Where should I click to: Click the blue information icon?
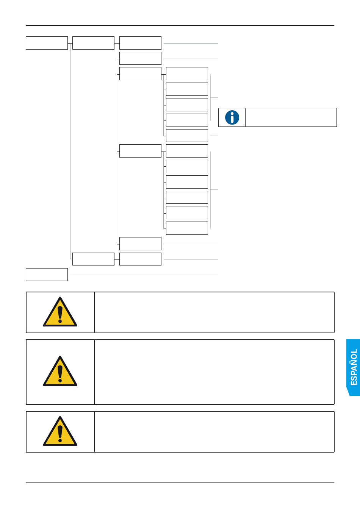coord(232,117)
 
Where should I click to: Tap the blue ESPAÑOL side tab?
coord(354,367)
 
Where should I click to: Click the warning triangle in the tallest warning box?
coord(60,372)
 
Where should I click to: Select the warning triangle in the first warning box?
coord(60,312)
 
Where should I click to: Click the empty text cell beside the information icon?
coord(291,117)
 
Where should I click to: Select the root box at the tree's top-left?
coord(47,43)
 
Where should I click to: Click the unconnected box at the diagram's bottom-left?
coord(47,275)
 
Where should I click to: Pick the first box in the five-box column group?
coord(187,73)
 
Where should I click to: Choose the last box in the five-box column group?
coord(187,135)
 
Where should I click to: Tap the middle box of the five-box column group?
coord(187,105)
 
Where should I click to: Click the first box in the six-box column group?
coord(187,151)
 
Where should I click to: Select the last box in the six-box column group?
coord(187,228)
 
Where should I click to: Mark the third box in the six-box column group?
coord(187,182)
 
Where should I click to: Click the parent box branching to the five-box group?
coord(140,73)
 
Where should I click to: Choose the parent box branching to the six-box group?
coord(140,151)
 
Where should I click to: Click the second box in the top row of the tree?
coord(93,43)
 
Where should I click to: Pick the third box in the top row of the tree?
coord(140,43)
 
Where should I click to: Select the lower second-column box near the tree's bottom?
coord(93,259)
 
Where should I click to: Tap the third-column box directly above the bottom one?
coord(140,244)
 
